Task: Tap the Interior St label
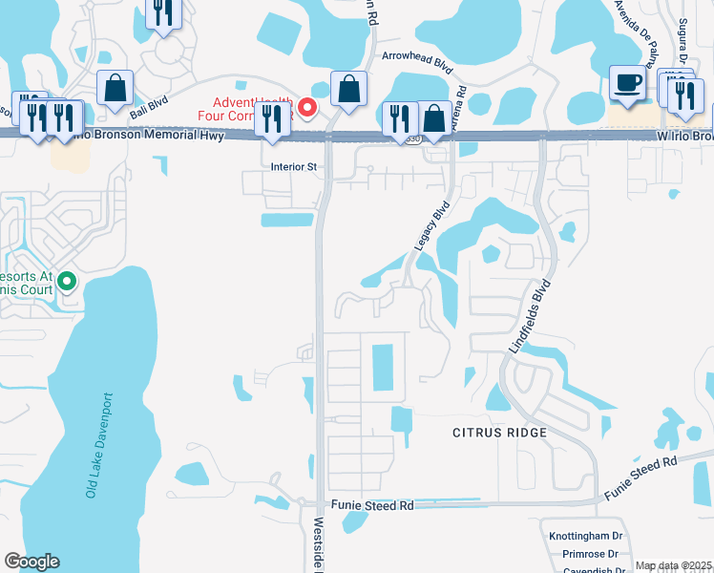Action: point(294,166)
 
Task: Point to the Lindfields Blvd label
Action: point(530,317)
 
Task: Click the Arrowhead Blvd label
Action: point(415,57)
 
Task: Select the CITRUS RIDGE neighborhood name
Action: point(499,433)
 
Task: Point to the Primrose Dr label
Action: point(590,554)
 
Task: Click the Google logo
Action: point(31,562)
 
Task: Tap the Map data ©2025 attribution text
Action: point(674,565)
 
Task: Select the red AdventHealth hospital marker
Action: point(307,107)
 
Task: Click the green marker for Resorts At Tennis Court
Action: point(67,281)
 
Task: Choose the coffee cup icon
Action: point(627,83)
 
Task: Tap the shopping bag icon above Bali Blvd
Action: point(115,88)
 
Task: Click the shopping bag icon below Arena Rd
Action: point(434,118)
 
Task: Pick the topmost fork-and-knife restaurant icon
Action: point(163,11)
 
